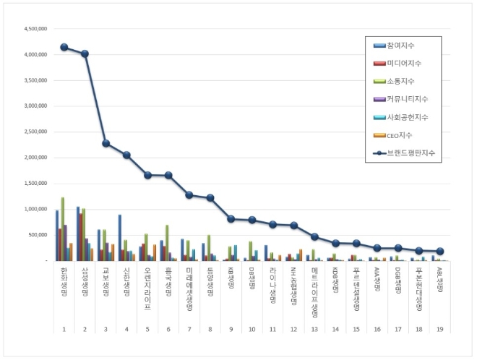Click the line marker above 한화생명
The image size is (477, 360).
64,47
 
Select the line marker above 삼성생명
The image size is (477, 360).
85,53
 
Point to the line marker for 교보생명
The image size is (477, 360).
106,143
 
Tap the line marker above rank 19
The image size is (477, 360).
441,251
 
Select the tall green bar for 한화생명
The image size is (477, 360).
63,228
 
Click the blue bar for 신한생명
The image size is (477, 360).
119,237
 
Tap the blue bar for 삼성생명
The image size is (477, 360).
78,233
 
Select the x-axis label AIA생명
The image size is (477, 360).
378,278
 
